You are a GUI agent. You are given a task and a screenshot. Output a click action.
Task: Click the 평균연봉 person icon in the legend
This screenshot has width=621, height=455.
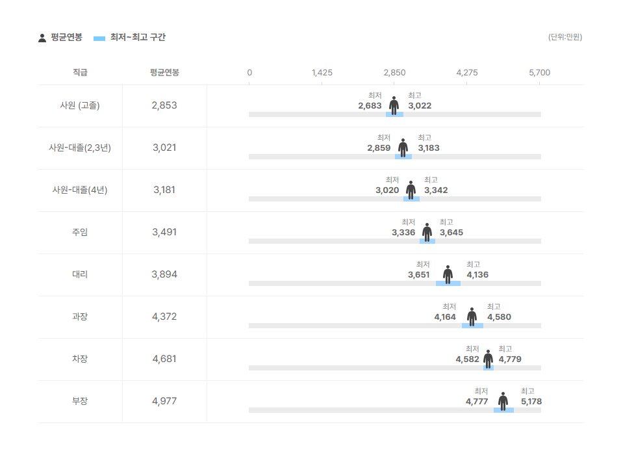click(x=42, y=38)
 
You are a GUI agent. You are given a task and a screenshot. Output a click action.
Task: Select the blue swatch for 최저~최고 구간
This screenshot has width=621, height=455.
click(x=99, y=38)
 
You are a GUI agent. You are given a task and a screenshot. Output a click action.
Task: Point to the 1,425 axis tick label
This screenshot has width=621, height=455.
click(x=322, y=73)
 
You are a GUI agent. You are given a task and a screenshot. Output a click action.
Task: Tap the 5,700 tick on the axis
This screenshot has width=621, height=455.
click(x=539, y=73)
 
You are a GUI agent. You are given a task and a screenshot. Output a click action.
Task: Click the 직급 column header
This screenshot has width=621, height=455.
click(x=80, y=73)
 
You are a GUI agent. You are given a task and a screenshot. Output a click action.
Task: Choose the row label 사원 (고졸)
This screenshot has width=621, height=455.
click(x=80, y=105)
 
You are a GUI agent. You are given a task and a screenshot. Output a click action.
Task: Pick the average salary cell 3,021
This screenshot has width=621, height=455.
click(x=164, y=148)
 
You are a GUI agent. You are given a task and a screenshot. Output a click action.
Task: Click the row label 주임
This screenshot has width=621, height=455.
click(x=80, y=232)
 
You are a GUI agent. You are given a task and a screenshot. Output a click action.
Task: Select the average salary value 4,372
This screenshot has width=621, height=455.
click(x=164, y=317)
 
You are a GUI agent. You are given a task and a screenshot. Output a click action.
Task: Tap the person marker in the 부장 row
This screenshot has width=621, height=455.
click(x=503, y=400)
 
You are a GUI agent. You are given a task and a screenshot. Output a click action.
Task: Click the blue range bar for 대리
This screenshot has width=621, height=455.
click(x=448, y=283)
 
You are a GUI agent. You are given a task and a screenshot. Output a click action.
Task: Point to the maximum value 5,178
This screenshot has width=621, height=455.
click(x=531, y=402)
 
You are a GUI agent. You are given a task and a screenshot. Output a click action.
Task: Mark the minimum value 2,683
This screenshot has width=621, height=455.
click(x=370, y=106)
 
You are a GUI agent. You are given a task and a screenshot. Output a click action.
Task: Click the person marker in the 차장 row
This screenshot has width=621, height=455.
click(x=488, y=358)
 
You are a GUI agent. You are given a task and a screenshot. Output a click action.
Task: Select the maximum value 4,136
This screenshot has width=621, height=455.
click(x=477, y=275)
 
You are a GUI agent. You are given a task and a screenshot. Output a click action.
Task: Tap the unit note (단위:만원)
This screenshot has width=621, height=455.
click(x=565, y=37)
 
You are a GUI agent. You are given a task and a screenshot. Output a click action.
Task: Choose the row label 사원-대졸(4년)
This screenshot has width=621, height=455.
click(x=80, y=190)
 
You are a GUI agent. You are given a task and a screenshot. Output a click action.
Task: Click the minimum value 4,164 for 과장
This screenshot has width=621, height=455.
click(x=445, y=317)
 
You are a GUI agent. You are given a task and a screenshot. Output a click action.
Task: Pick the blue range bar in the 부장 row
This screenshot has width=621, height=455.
click(x=503, y=410)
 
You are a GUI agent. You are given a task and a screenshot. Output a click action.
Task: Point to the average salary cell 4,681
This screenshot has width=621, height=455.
click(x=164, y=359)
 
